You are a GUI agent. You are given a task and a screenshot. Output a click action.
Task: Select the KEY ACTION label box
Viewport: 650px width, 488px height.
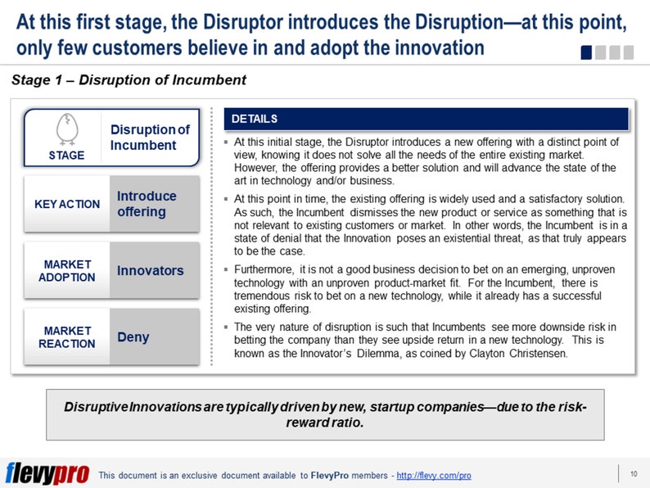tap(67, 204)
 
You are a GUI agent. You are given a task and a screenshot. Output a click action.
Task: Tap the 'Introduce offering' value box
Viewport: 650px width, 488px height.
tap(153, 204)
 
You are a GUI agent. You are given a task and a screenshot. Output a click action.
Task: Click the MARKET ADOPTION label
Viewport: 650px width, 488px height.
tap(67, 270)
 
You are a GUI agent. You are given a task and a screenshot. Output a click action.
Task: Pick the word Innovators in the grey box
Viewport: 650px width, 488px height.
tap(151, 270)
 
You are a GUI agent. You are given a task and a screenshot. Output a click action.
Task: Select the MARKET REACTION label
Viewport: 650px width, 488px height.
tap(67, 337)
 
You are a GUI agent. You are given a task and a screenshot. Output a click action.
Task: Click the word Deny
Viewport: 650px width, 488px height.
tap(133, 337)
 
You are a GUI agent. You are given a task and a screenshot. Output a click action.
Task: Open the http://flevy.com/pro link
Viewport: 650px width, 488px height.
tap(433, 476)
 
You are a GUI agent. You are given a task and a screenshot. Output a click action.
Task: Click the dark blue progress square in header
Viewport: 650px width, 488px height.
tap(586, 52)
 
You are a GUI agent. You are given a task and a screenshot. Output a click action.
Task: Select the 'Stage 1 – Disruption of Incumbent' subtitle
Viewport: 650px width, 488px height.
tap(129, 80)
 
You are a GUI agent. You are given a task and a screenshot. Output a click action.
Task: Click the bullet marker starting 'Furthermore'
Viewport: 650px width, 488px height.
tap(226, 269)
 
